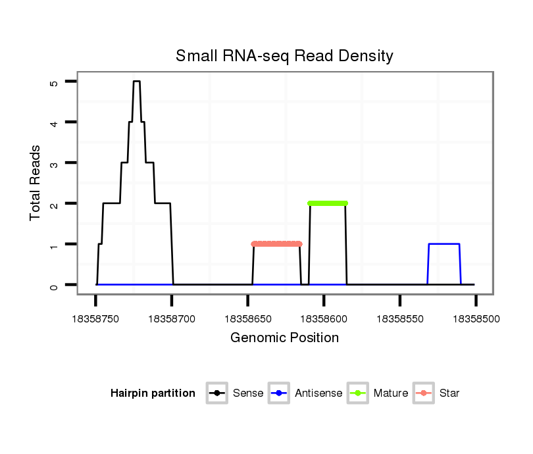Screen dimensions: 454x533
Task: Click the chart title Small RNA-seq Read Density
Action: (x=284, y=57)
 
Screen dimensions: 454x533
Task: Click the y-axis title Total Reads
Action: (x=36, y=183)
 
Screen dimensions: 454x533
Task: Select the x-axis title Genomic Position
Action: (x=284, y=338)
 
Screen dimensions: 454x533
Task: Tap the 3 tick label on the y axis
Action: (x=53, y=163)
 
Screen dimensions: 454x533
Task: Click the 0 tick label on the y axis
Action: (x=53, y=286)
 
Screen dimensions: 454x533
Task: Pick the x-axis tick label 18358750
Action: (x=95, y=318)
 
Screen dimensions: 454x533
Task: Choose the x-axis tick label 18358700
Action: (x=172, y=318)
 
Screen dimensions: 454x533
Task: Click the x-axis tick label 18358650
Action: (x=247, y=318)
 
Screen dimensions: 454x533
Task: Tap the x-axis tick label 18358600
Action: (x=324, y=318)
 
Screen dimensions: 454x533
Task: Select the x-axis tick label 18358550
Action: (x=400, y=318)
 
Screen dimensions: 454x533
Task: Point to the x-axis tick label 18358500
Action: (x=476, y=318)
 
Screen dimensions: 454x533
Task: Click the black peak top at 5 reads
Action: (x=137, y=82)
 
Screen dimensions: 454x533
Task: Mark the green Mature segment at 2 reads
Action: (x=328, y=203)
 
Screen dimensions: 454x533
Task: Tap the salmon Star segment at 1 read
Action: (x=276, y=244)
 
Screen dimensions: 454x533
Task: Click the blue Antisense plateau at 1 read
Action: (x=444, y=244)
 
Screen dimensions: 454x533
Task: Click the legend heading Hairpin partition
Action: (x=153, y=393)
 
